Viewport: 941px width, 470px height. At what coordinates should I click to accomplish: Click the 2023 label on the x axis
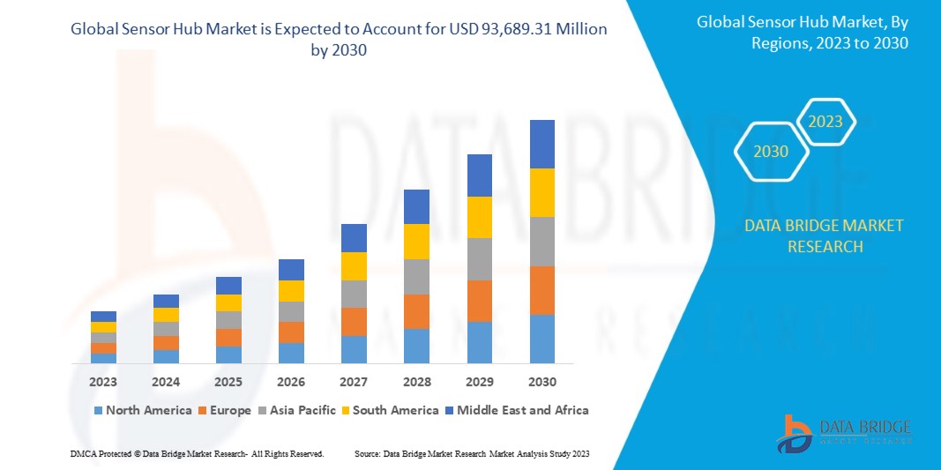(103, 382)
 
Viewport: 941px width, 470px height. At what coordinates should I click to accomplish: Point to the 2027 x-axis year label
(354, 382)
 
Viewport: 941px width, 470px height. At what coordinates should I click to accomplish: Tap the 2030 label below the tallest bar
(541, 382)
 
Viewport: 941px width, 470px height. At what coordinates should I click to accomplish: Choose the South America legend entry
(392, 410)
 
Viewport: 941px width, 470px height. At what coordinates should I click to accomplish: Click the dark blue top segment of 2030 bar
(541, 144)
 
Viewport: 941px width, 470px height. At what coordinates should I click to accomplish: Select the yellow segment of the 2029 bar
(479, 217)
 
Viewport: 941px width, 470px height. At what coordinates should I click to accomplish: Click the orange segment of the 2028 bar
(416, 311)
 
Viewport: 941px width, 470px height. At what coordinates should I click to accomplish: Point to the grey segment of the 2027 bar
(354, 294)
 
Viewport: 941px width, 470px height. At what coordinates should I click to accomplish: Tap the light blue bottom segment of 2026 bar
(291, 353)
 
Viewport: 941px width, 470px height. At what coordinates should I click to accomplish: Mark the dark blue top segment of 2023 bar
(103, 317)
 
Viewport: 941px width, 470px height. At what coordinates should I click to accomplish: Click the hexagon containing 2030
(771, 152)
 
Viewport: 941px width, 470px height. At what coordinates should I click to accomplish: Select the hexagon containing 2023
(825, 122)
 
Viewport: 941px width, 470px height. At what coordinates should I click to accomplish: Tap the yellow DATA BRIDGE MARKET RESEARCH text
(824, 235)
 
